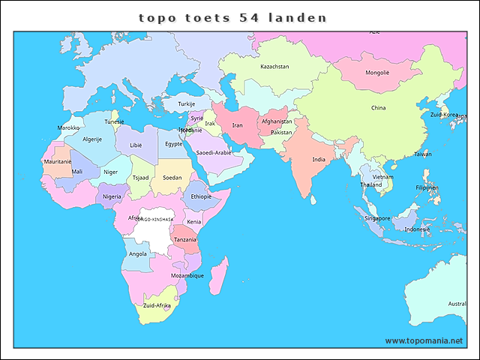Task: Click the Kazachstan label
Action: click(x=274, y=67)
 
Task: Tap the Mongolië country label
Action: click(x=377, y=73)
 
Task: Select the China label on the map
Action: click(x=379, y=108)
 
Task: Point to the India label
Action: click(x=319, y=160)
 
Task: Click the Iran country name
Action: click(x=237, y=125)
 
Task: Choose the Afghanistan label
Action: click(x=277, y=121)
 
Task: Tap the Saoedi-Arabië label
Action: click(x=214, y=153)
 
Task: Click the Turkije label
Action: click(x=187, y=104)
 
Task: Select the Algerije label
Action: click(x=91, y=139)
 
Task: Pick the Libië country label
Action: click(x=136, y=145)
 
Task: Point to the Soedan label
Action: click(x=172, y=178)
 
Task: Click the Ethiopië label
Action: click(x=201, y=196)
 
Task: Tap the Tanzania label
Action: click(x=185, y=239)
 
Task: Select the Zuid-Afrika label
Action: click(x=157, y=306)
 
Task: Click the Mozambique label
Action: click(x=187, y=275)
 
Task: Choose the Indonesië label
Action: click(x=417, y=229)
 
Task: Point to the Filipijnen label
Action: click(x=427, y=187)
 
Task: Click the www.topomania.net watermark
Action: click(x=424, y=340)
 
